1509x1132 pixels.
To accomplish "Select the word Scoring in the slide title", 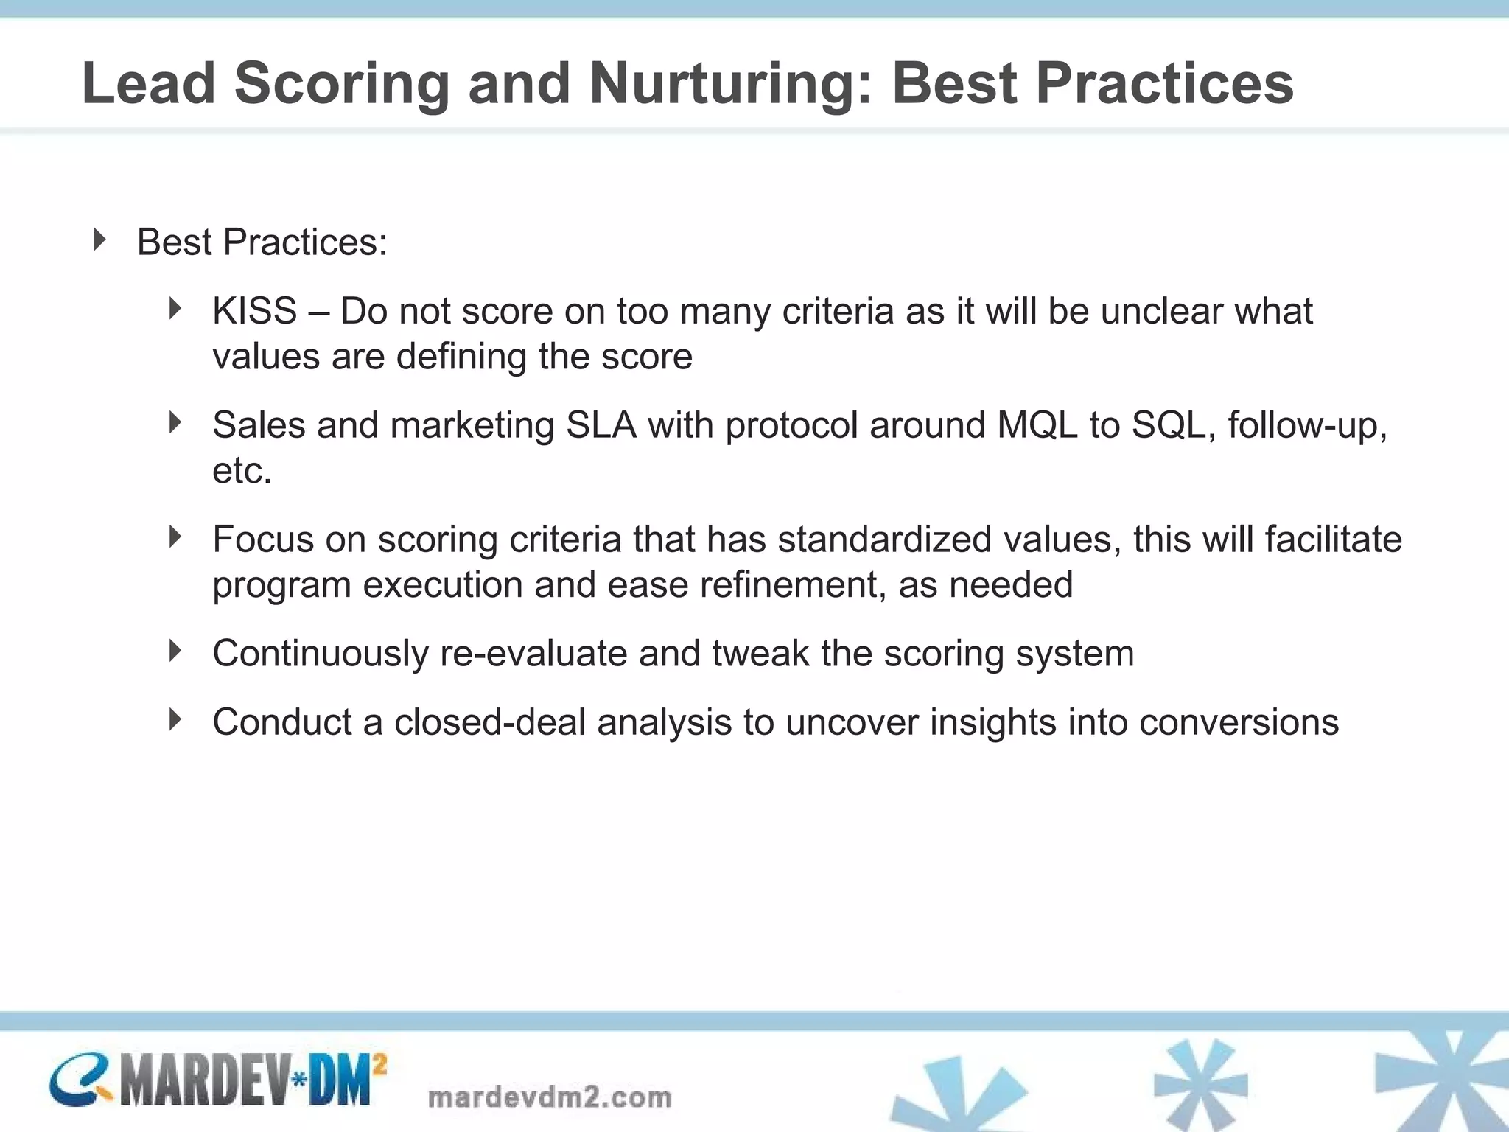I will pyautogui.click(x=341, y=83).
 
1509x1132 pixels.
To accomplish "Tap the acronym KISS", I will pyautogui.click(x=254, y=311).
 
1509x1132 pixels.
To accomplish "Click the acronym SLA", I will pyautogui.click(x=601, y=425).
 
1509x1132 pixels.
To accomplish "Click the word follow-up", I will pyautogui.click(x=1306, y=425).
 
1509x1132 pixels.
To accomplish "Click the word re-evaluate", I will pyautogui.click(x=533, y=654).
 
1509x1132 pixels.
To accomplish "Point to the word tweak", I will pyautogui.click(x=760, y=654).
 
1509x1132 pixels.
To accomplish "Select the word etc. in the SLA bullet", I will pyautogui.click(x=242, y=471).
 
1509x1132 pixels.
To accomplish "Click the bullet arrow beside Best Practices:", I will pyautogui.click(x=100, y=240).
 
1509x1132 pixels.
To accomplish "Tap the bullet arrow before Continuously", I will pyautogui.click(x=175, y=651).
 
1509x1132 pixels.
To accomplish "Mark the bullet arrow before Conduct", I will pyautogui.click(x=175, y=719).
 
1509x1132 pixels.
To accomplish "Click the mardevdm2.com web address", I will pyautogui.click(x=550, y=1097).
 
